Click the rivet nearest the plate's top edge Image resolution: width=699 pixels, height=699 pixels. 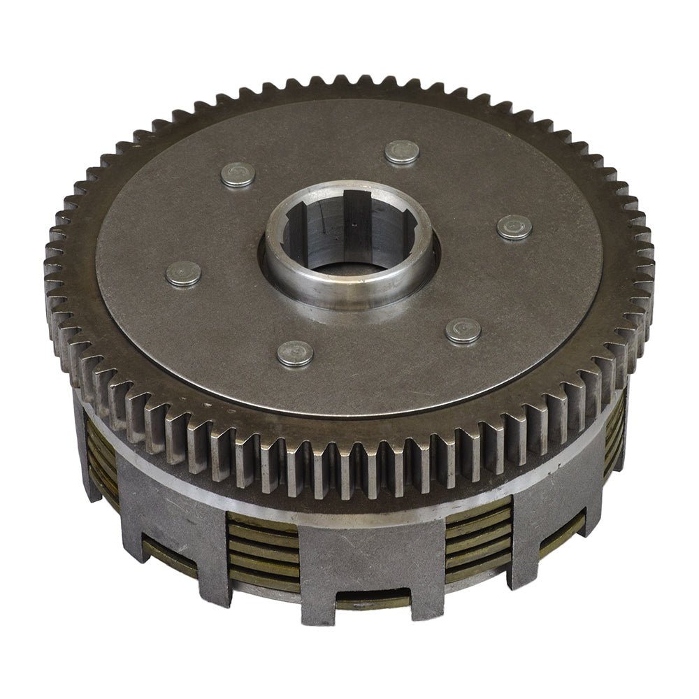[x=402, y=152]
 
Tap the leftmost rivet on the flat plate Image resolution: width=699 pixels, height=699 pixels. [x=184, y=273]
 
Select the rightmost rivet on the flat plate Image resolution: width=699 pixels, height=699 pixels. [x=514, y=227]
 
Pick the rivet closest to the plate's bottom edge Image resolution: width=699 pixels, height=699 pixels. [x=295, y=354]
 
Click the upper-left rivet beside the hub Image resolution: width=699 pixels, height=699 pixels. [x=238, y=175]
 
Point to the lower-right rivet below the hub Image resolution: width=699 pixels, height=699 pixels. [x=463, y=331]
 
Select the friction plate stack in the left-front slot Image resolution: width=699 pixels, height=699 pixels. [x=263, y=552]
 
